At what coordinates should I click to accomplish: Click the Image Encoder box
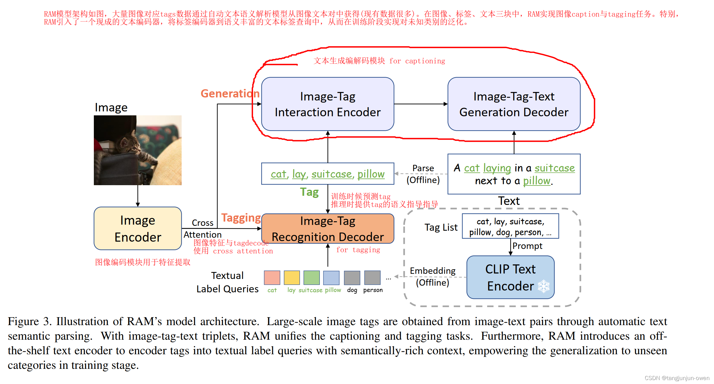(138, 229)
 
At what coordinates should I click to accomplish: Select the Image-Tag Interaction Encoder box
(327, 104)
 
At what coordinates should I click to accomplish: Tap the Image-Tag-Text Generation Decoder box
(514, 104)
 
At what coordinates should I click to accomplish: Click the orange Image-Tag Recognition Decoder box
(327, 229)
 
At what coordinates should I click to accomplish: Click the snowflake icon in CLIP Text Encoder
(543, 286)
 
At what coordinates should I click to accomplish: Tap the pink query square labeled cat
(272, 277)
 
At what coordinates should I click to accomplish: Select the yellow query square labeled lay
(292, 277)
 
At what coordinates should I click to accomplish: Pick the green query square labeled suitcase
(311, 277)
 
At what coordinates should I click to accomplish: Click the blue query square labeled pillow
(331, 277)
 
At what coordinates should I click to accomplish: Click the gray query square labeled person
(372, 277)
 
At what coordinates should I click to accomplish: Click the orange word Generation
(230, 93)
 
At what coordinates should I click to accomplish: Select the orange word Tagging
(241, 218)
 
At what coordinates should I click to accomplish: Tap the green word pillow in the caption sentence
(536, 181)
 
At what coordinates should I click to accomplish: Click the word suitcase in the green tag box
(331, 174)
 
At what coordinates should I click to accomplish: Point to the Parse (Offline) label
(423, 174)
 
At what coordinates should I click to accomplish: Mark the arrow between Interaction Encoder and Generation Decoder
(421, 104)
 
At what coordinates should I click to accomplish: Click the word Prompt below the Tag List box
(527, 246)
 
